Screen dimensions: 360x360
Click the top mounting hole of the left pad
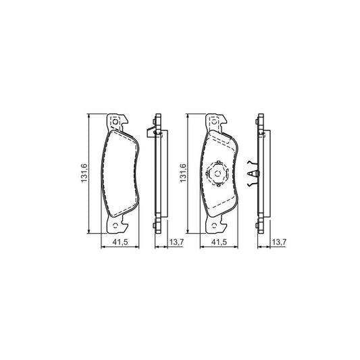pyautogui.click(x=115, y=122)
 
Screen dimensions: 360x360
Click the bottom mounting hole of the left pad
pyautogui.click(x=115, y=226)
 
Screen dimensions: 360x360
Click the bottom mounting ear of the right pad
pyautogui.click(x=216, y=224)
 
